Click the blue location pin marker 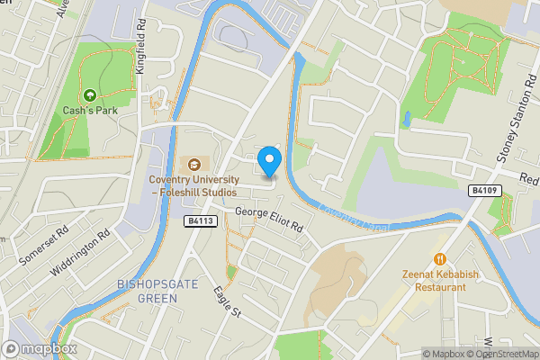[x=269, y=162]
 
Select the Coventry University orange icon [x=193, y=164]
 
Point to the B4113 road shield [x=201, y=220]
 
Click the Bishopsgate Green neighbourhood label [x=149, y=292]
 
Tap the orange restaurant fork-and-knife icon [x=440, y=259]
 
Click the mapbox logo [x=40, y=348]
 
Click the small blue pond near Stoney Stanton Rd [x=408, y=118]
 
